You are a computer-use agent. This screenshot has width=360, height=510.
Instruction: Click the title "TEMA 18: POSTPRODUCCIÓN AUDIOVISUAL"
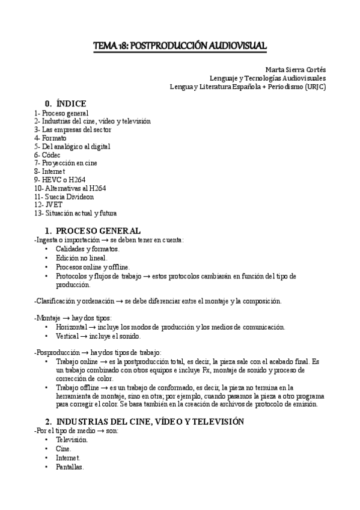click(x=180, y=46)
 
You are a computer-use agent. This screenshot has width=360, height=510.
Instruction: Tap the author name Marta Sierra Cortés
click(x=295, y=69)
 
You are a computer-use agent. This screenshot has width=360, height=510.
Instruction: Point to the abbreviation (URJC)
click(x=315, y=86)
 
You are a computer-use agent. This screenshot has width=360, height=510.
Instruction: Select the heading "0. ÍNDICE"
click(x=66, y=103)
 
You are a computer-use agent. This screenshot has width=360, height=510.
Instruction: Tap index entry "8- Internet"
click(x=49, y=171)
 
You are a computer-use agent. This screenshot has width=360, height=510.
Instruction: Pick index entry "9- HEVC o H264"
click(x=58, y=180)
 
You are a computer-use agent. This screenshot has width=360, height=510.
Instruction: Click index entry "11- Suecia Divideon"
click(x=64, y=197)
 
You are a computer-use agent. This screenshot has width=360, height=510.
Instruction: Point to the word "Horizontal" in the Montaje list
click(x=73, y=327)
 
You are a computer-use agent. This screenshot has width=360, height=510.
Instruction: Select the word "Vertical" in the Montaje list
click(x=69, y=336)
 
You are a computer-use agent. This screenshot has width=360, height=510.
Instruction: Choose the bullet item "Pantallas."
click(x=70, y=467)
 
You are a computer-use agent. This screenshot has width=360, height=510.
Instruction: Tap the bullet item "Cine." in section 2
click(x=64, y=449)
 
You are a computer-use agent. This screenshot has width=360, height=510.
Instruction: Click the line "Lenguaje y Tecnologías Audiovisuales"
click(x=267, y=78)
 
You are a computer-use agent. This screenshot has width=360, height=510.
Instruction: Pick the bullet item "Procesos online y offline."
click(x=93, y=267)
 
